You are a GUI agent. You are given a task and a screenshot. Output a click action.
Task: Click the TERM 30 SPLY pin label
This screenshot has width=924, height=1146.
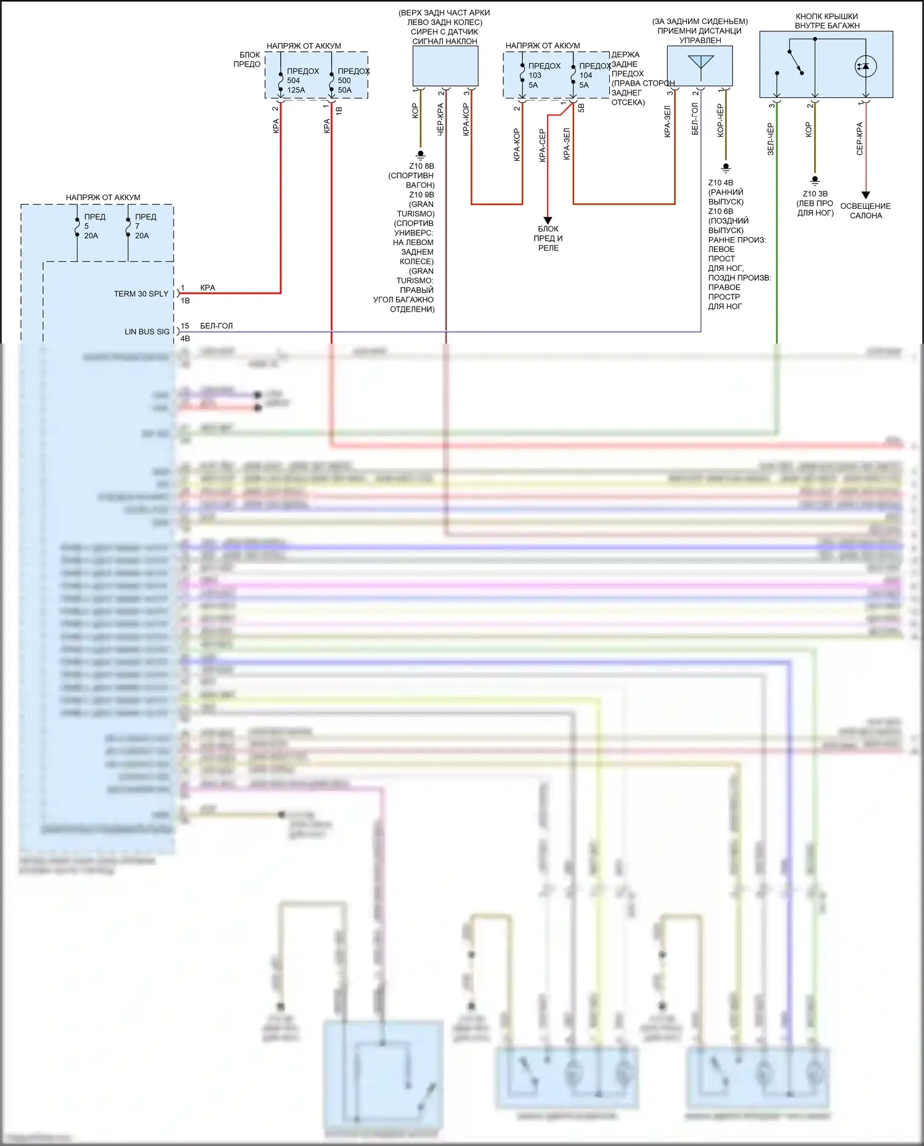point(141,294)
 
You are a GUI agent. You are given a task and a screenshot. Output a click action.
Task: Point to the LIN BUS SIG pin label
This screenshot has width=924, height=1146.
point(147,331)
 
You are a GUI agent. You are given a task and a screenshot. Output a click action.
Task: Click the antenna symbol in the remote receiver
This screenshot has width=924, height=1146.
point(700,63)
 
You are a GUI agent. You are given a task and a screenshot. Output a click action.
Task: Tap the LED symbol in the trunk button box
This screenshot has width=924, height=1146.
point(865,66)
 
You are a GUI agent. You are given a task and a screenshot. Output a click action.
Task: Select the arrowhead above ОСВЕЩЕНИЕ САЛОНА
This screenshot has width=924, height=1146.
point(865,195)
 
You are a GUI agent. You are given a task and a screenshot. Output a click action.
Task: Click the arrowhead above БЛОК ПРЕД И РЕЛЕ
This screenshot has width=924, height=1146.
point(548,220)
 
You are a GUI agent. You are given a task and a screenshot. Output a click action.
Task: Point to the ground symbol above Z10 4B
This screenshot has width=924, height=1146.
point(726,167)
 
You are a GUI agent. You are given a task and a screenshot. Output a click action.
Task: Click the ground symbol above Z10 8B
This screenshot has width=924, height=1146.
point(421,155)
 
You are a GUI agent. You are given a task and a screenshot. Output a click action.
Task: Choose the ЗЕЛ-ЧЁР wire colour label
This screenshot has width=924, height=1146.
point(770,139)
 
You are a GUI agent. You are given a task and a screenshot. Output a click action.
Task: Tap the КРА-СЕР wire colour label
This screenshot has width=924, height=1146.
point(542,145)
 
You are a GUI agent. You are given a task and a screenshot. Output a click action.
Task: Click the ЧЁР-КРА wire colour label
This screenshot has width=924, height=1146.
point(440,119)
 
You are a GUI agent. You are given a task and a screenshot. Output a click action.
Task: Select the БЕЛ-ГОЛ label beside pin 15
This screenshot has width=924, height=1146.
point(216,326)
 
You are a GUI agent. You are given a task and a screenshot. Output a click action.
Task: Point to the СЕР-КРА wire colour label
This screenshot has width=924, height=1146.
point(859,139)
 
